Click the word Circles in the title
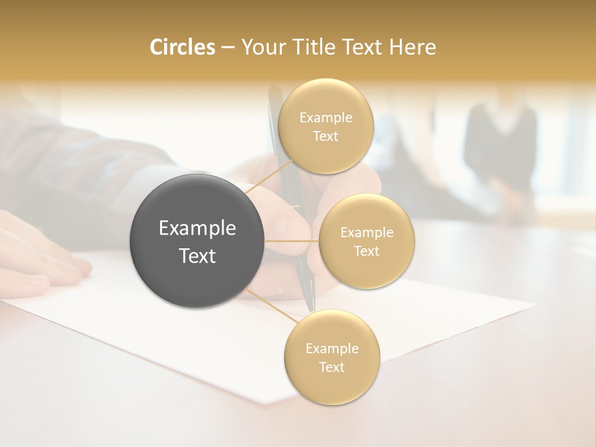tap(183, 47)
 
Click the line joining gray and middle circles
tap(291, 241)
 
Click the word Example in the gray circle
tap(197, 228)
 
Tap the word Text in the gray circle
tap(197, 256)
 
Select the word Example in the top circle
tap(326, 117)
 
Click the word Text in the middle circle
tap(366, 251)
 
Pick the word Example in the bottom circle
tap(332, 348)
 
